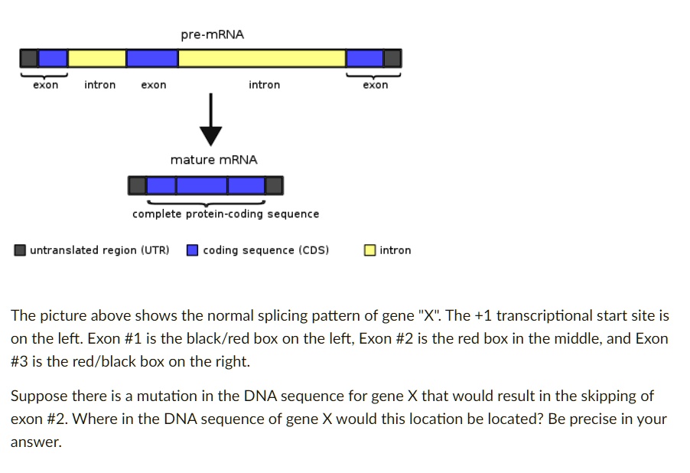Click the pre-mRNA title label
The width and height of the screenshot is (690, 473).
click(212, 34)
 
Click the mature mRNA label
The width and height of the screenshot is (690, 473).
click(214, 159)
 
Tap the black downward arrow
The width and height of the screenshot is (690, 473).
click(211, 119)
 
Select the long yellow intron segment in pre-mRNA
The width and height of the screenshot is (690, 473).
click(262, 59)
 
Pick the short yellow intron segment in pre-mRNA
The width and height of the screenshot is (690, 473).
click(97, 59)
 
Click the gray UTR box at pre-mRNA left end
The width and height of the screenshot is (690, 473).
click(29, 59)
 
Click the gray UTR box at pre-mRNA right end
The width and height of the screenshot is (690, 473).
click(392, 59)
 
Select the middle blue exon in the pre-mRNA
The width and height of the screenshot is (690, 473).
click(152, 59)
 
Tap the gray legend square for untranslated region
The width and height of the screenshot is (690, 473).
click(20, 250)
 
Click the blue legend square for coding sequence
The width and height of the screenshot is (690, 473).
click(192, 250)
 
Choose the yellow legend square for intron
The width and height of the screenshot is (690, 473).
click(369, 250)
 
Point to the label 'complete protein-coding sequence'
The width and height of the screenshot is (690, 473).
click(226, 214)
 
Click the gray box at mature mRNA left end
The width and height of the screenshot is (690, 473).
click(137, 185)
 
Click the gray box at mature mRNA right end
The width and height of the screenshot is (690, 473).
click(275, 185)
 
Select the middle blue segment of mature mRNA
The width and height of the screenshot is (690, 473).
click(202, 185)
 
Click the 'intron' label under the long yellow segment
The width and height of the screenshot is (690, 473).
click(265, 84)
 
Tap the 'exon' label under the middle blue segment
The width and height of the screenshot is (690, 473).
click(154, 85)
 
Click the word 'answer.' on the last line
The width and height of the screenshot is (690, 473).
click(36, 442)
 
